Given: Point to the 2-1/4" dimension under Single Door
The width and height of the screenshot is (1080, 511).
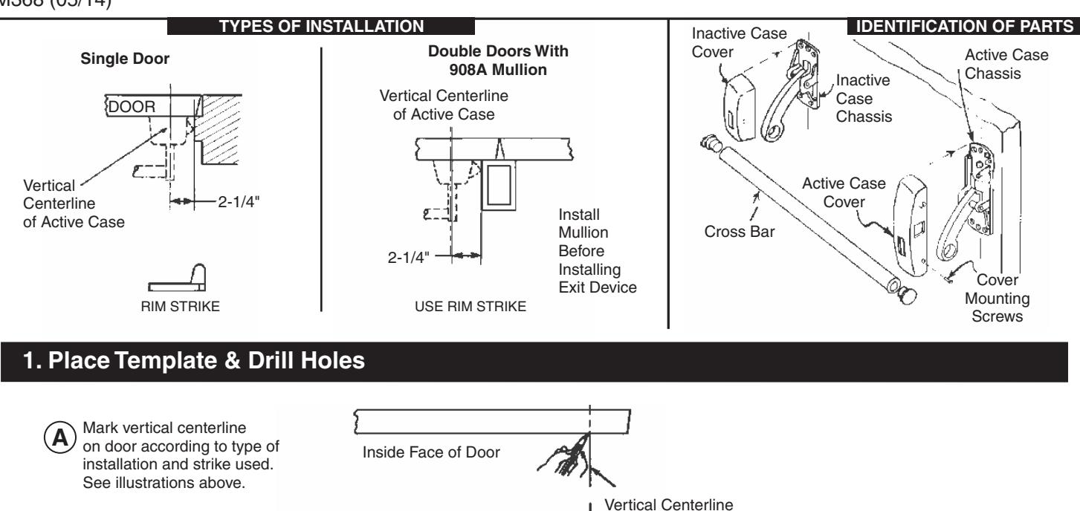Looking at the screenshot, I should [222, 201].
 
